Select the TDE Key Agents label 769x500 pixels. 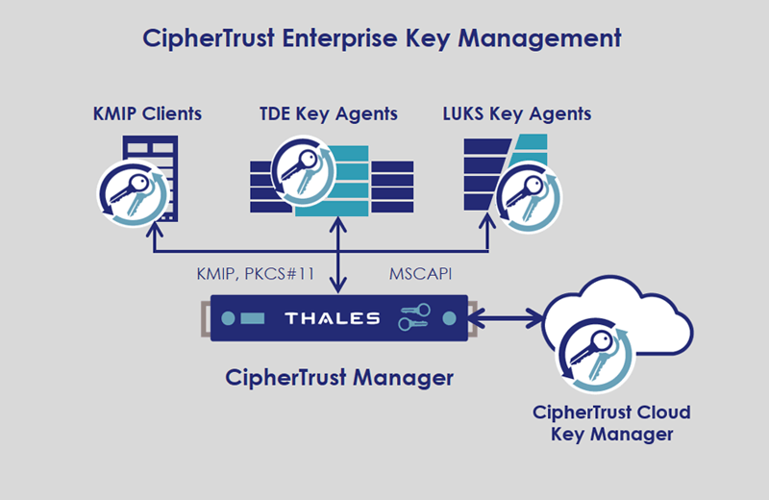[x=329, y=114]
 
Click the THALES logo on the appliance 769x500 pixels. [x=333, y=318]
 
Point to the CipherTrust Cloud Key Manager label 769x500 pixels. [x=611, y=424]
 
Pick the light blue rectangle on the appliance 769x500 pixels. [x=251, y=318]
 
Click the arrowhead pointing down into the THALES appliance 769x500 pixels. [x=337, y=287]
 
